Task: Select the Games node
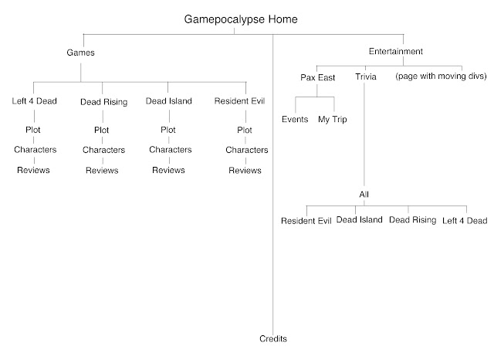point(82,53)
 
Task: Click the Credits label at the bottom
point(273,338)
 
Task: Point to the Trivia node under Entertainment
point(365,77)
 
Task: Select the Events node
point(296,120)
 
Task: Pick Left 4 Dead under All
point(465,220)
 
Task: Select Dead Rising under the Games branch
point(102,100)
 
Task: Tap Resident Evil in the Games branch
point(245,100)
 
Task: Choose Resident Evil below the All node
point(306,220)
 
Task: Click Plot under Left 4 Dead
point(32,129)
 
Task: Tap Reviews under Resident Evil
point(245,170)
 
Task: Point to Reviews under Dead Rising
point(102,170)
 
